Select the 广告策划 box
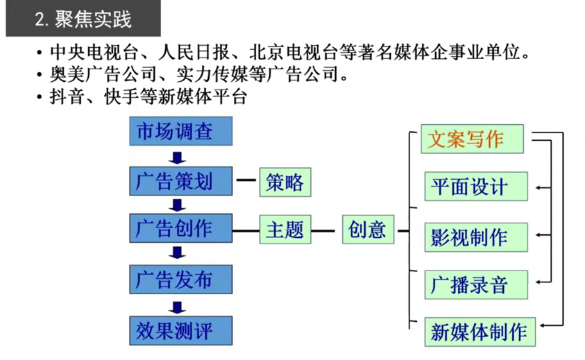180,181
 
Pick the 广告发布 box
180,279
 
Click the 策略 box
285,182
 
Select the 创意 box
368,230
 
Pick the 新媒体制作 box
479,330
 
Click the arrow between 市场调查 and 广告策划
180,157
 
